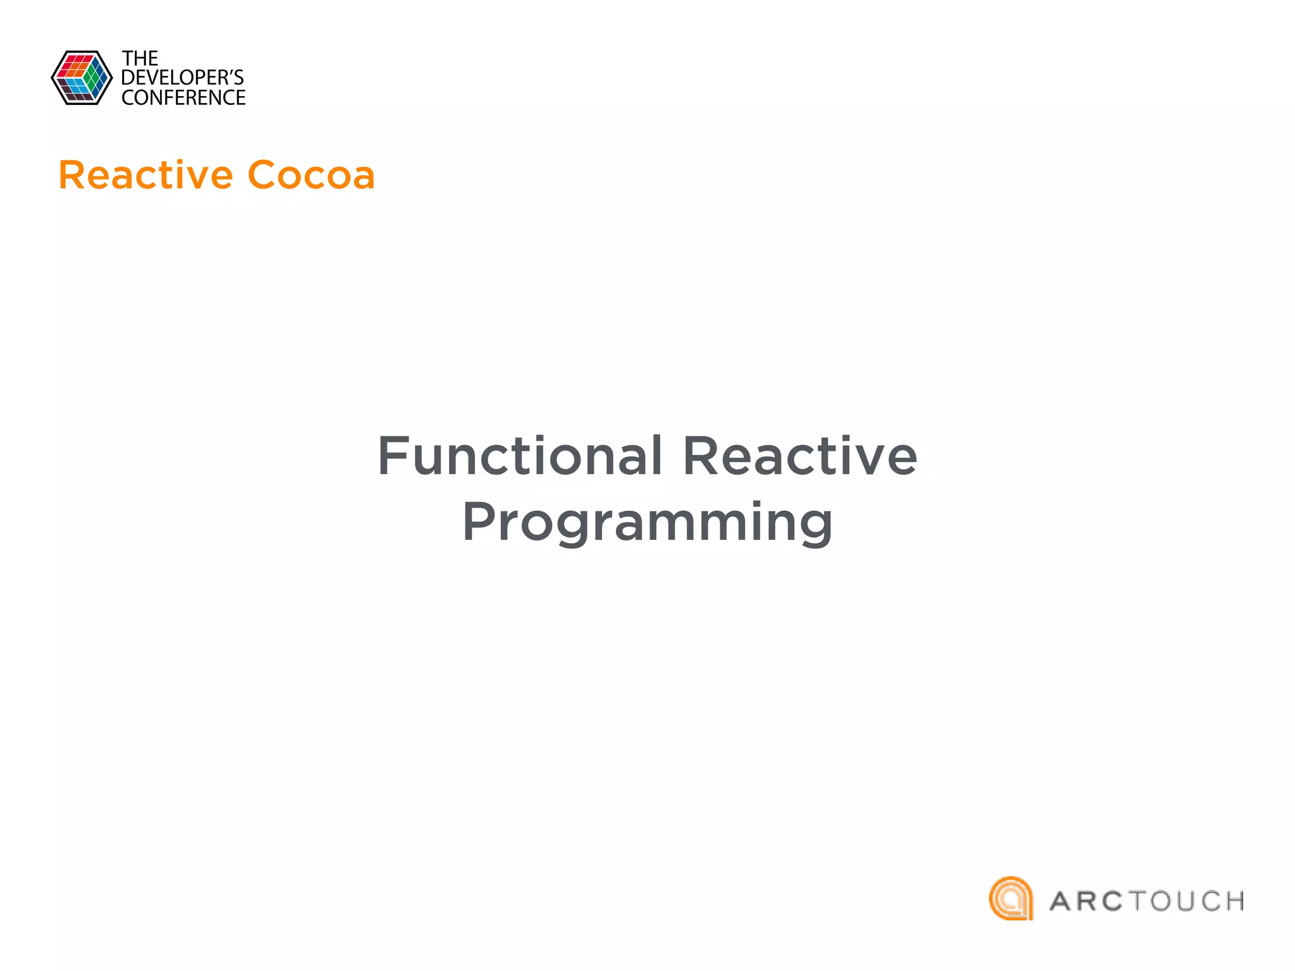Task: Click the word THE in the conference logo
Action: [140, 59]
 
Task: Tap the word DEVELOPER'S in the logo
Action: [182, 78]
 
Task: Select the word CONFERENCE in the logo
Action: [183, 98]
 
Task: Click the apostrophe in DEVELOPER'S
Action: [229, 71]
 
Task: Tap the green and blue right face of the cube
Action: [97, 78]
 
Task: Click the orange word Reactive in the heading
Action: [145, 175]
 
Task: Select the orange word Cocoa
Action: [311, 175]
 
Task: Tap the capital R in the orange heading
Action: [71, 175]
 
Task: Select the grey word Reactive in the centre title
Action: [800, 456]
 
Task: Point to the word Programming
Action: [647, 523]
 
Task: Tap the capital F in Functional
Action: [393, 456]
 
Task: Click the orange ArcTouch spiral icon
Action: [1010, 898]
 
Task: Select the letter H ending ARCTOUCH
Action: [1233, 901]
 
